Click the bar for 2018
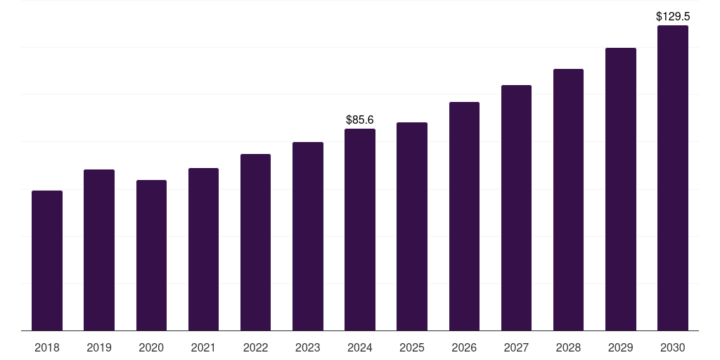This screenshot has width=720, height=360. click(47, 260)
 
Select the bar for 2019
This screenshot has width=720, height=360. click(99, 250)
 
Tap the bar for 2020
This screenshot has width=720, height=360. click(151, 255)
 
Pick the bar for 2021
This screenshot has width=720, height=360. click(203, 249)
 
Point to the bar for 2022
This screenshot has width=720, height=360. click(255, 242)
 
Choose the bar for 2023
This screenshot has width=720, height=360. click(308, 236)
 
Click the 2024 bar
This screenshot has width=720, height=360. click(360, 229)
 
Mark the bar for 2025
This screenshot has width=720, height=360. click(412, 226)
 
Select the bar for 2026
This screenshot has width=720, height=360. click(464, 216)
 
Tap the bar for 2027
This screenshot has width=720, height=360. click(516, 207)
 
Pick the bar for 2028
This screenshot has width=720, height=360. click(568, 200)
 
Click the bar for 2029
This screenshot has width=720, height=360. click(621, 189)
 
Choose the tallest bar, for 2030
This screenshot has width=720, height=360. click(673, 178)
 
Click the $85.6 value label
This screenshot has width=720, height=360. click(360, 120)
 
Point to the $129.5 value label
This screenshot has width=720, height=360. click(673, 16)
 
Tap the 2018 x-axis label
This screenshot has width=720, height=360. click(47, 347)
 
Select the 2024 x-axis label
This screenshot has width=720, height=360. click(360, 347)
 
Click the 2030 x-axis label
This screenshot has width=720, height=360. click(673, 347)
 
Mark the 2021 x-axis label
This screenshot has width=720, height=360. click(203, 347)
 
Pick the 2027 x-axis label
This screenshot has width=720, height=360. click(516, 347)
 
